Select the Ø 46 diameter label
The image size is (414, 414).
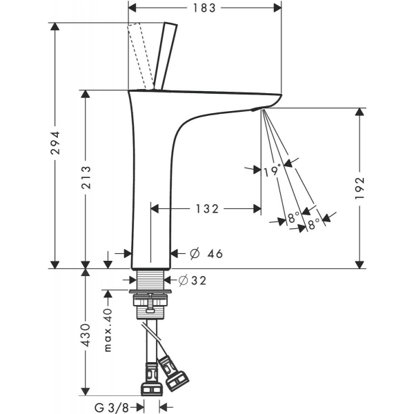coord(206,253)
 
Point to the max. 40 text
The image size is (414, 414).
coord(108,330)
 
